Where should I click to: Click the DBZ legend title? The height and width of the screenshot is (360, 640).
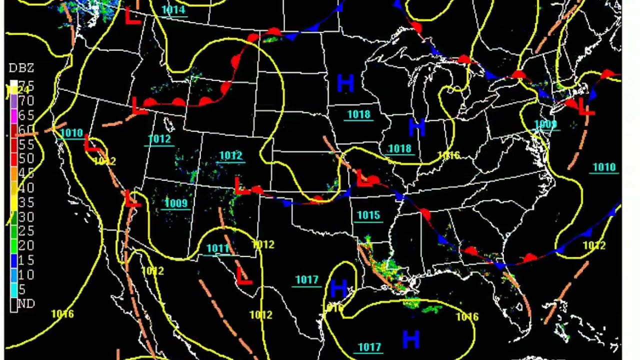(21, 68)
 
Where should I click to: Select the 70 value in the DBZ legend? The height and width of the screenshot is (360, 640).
(26, 101)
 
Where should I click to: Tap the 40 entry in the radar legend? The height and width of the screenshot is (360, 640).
(26, 188)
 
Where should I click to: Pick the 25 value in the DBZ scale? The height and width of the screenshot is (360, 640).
(26, 231)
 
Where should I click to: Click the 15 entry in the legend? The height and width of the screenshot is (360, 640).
(26, 260)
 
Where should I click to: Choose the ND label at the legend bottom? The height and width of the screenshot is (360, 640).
(26, 303)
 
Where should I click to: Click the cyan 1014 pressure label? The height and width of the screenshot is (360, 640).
(173, 10)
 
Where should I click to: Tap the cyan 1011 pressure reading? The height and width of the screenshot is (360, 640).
(217, 248)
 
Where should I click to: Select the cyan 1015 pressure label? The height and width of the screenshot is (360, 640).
(368, 215)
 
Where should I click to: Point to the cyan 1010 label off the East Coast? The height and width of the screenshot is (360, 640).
(604, 167)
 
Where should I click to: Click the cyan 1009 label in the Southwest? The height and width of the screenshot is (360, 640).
(176, 203)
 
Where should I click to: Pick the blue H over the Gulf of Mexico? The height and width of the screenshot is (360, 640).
(410, 340)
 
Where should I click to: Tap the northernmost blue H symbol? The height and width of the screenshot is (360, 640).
(345, 83)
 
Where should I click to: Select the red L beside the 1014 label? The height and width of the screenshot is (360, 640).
(133, 16)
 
